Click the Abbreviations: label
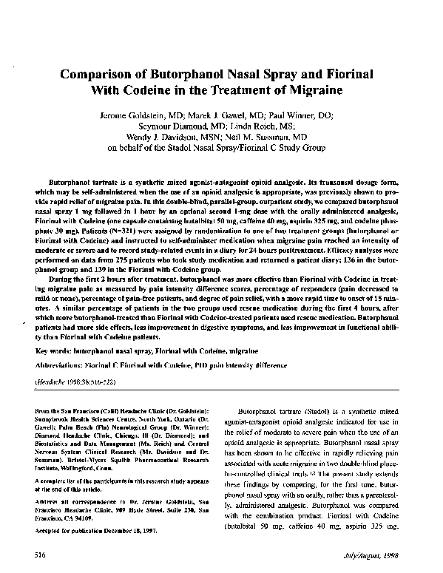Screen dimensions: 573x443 click(x=72, y=362)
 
